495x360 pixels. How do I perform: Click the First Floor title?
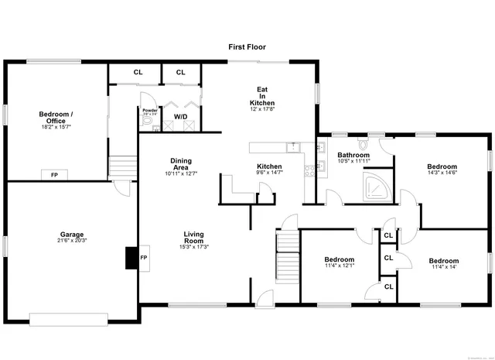tap(247, 47)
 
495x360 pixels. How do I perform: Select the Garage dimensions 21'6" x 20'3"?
tap(73, 241)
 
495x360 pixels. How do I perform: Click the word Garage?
tap(73, 234)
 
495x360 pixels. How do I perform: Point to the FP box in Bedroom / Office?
tap(54, 175)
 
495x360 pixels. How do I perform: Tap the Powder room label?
tap(149, 110)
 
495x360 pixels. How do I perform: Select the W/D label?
tap(179, 117)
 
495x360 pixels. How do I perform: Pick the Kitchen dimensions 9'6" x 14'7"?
tap(269, 173)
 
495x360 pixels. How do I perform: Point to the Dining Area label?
tap(181, 164)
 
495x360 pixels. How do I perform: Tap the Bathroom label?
tap(353, 155)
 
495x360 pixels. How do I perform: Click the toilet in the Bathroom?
tap(362, 144)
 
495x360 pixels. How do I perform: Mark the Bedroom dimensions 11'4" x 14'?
tap(443, 268)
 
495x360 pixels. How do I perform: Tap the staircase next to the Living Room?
tap(288, 255)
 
